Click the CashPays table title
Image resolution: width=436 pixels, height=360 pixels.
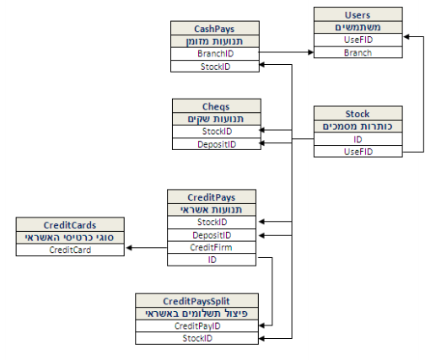point(214,29)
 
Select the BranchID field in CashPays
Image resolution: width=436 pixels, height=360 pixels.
point(215,53)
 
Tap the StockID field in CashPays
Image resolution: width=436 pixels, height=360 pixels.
point(215,67)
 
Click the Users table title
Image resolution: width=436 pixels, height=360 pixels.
point(358,15)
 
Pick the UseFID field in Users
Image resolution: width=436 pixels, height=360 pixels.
point(358,40)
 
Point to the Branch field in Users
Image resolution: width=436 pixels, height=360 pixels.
point(358,52)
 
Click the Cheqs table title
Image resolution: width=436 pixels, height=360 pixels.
point(216,106)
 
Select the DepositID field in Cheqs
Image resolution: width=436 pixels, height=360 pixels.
point(217,144)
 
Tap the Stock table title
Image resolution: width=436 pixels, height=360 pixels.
point(358,114)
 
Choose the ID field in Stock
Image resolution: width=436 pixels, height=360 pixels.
point(358,139)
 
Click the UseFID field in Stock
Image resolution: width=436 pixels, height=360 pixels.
point(358,152)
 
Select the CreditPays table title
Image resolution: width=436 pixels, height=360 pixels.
point(212,197)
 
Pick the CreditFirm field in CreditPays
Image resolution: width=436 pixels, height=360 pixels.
point(211,247)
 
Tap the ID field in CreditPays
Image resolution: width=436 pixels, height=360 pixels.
point(212,260)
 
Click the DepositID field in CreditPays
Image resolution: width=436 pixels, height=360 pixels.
point(212,235)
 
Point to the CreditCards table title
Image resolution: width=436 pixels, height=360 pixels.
point(70,225)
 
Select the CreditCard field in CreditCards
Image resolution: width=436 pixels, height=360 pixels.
point(70,250)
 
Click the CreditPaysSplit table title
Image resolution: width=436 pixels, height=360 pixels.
point(196,301)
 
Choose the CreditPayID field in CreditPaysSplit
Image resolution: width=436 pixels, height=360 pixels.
point(197,326)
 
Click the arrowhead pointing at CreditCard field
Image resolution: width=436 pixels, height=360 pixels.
point(129,248)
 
